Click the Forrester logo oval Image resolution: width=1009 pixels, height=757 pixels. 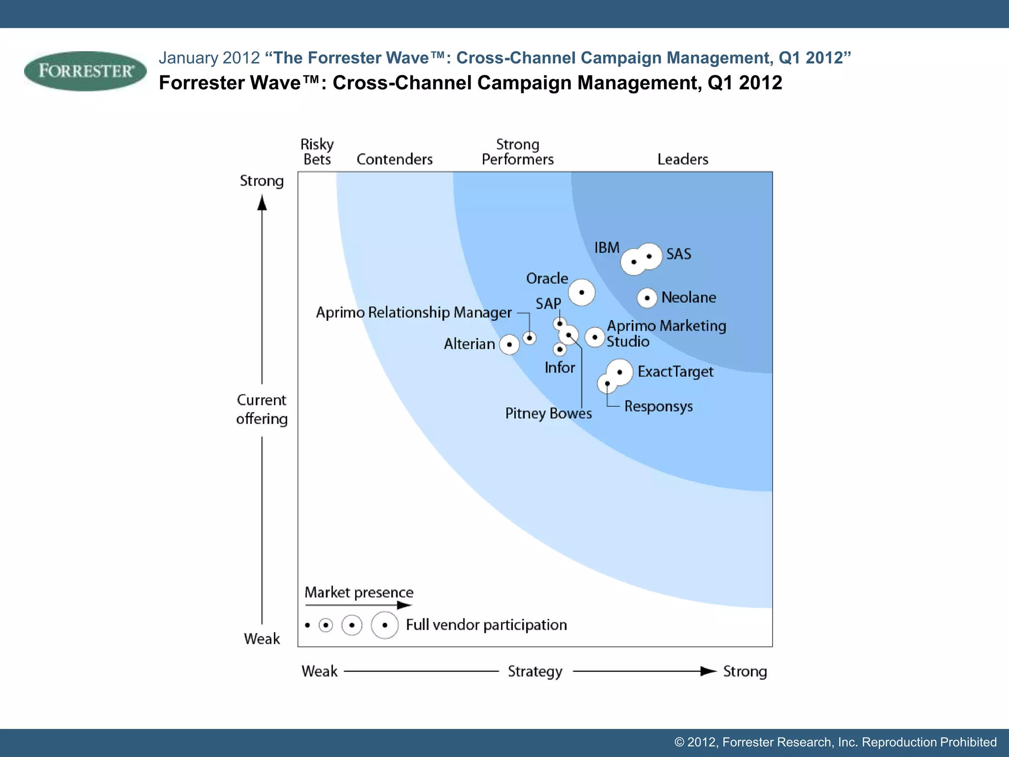click(85, 71)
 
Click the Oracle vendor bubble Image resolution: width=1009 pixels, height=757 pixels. click(581, 292)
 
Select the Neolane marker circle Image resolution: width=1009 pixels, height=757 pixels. click(647, 298)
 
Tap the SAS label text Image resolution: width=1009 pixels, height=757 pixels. click(678, 254)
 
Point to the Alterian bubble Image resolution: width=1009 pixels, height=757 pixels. click(509, 344)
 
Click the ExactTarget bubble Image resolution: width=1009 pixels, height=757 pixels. click(619, 372)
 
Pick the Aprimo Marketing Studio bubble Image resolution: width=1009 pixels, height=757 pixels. click(595, 337)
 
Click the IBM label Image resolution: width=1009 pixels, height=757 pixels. click(606, 247)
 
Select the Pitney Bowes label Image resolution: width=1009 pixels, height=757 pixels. click(548, 413)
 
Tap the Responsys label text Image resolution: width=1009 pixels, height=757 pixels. click(658, 407)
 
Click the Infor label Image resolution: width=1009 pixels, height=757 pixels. click(560, 368)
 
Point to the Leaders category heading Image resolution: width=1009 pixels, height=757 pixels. click(682, 159)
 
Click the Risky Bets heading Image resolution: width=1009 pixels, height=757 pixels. click(317, 152)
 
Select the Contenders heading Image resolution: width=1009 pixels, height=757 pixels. click(394, 159)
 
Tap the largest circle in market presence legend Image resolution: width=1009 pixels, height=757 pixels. click(384, 625)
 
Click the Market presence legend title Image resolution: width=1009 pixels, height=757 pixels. click(359, 592)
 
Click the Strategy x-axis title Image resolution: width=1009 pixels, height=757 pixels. click(535, 671)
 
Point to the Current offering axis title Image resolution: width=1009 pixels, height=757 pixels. click(262, 409)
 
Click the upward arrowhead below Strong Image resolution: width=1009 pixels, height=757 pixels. click(262, 203)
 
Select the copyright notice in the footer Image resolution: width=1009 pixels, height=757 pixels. click(835, 742)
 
